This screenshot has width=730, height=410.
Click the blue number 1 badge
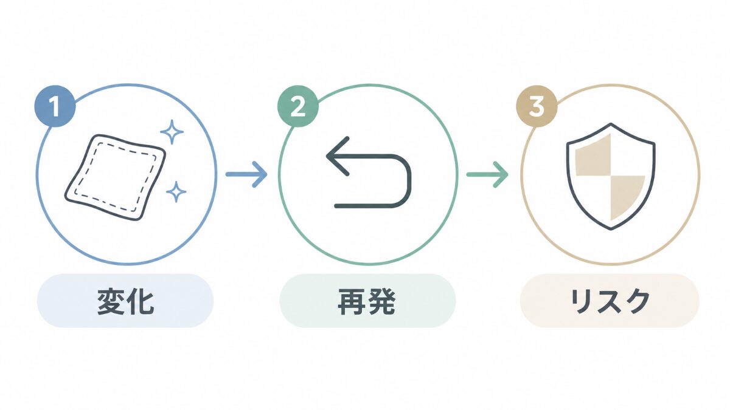[x=55, y=106]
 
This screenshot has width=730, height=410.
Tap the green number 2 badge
[x=298, y=106]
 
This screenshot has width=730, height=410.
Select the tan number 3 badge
[x=537, y=106]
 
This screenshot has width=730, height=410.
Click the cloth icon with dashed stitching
[x=116, y=177]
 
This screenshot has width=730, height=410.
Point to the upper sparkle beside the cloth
[x=172, y=132]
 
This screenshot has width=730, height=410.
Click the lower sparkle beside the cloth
[x=176, y=192]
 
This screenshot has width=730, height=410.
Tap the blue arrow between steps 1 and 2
[x=246, y=174]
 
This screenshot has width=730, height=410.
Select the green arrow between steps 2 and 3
[x=487, y=174]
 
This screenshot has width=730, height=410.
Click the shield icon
[x=611, y=176]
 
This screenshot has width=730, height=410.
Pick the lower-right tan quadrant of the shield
[x=626, y=195]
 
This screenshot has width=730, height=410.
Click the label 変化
[x=125, y=301]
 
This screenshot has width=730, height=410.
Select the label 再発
[x=367, y=301]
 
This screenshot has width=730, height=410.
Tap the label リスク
[x=610, y=301]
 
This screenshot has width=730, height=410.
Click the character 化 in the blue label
[x=140, y=301]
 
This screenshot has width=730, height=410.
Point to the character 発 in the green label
[x=381, y=301]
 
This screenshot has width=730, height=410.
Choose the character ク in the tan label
[x=636, y=301]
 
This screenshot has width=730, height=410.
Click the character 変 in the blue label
[x=111, y=301]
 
